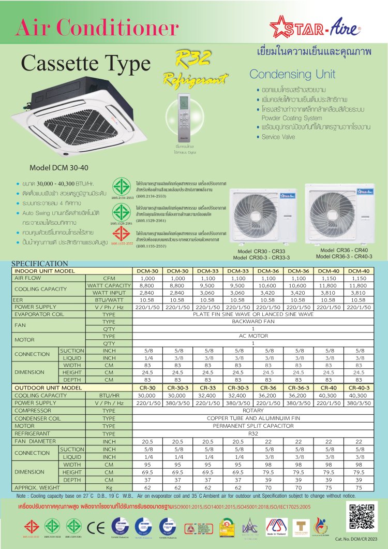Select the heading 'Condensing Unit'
tap(292, 74)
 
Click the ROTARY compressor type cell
tap(253, 409)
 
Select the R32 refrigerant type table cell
tap(253, 433)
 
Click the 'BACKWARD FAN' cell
tap(253, 321)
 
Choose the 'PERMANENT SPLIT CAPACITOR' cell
tap(253, 426)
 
